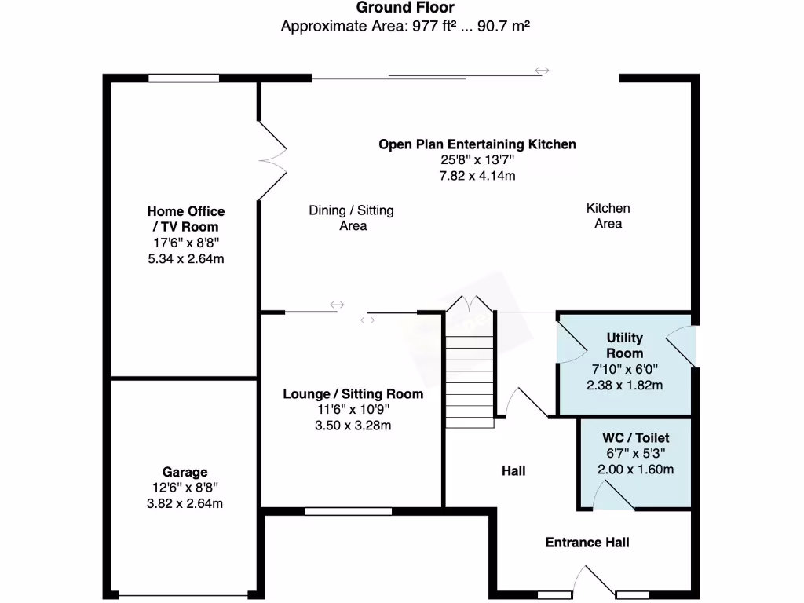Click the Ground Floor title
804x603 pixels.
click(x=405, y=8)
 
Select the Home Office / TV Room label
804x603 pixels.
click(x=186, y=219)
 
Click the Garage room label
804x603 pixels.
click(x=185, y=472)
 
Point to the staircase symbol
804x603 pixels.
click(x=470, y=369)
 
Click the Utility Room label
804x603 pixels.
click(x=624, y=345)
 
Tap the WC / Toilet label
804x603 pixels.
click(x=636, y=438)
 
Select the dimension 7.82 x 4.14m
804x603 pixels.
click(x=477, y=175)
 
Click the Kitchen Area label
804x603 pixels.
click(x=608, y=216)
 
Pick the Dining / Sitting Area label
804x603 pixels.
click(x=351, y=217)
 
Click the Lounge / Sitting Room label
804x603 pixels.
click(x=353, y=393)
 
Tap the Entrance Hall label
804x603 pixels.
click(x=587, y=543)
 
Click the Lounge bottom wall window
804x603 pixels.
click(x=348, y=512)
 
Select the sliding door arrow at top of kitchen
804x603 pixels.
click(x=542, y=71)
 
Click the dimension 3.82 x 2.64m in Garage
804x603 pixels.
click(x=185, y=503)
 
